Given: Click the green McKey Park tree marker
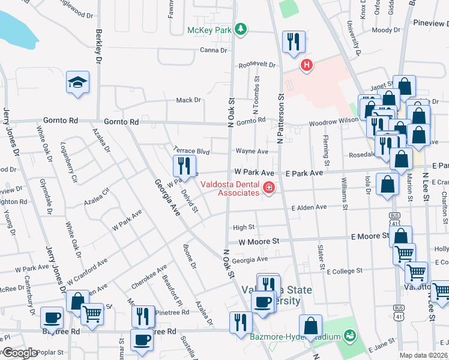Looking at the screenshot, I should click(x=240, y=29).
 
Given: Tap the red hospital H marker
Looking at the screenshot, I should click(x=307, y=65).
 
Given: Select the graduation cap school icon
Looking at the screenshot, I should click(x=78, y=82).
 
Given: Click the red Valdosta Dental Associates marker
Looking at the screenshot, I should click(x=268, y=189).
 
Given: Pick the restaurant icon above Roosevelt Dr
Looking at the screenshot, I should click(x=293, y=42).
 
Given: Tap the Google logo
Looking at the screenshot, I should click(x=20, y=352).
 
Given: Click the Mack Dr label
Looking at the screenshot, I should click(x=188, y=100).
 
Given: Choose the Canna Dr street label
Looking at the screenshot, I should click(x=213, y=50).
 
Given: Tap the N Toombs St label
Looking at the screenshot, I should click(x=256, y=96).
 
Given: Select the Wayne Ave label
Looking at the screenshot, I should click(x=252, y=152).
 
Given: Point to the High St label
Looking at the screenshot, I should click(x=244, y=227).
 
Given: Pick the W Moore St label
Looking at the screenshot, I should click(x=259, y=241).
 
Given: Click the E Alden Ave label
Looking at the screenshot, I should click(x=309, y=208).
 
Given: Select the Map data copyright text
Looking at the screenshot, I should click(x=424, y=355).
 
